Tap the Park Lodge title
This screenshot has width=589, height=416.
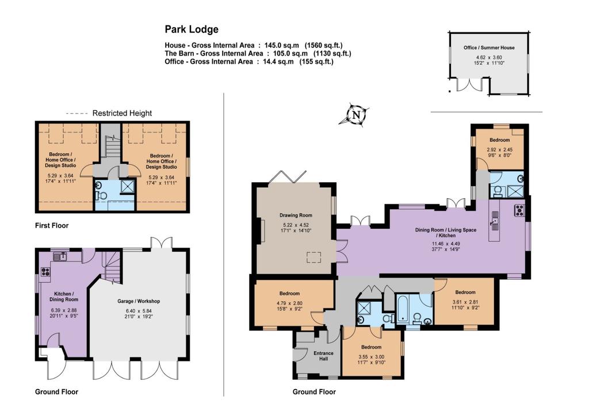click(192, 29)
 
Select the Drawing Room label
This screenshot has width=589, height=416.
click(296, 215)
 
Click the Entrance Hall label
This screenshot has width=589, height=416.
click(323, 356)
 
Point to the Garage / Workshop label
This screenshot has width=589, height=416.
click(139, 301)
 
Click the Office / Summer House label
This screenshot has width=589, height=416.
click(489, 48)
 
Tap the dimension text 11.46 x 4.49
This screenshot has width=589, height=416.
click(446, 244)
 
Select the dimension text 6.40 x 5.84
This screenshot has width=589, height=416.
click(139, 311)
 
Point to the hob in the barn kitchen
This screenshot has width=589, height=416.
click(45, 272)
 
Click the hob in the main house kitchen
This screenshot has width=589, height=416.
click(519, 210)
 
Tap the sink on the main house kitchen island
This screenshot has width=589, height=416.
click(494, 221)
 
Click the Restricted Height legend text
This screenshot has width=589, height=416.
click(122, 113)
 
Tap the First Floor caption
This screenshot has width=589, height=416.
click(52, 225)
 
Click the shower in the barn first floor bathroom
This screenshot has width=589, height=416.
click(128, 186)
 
